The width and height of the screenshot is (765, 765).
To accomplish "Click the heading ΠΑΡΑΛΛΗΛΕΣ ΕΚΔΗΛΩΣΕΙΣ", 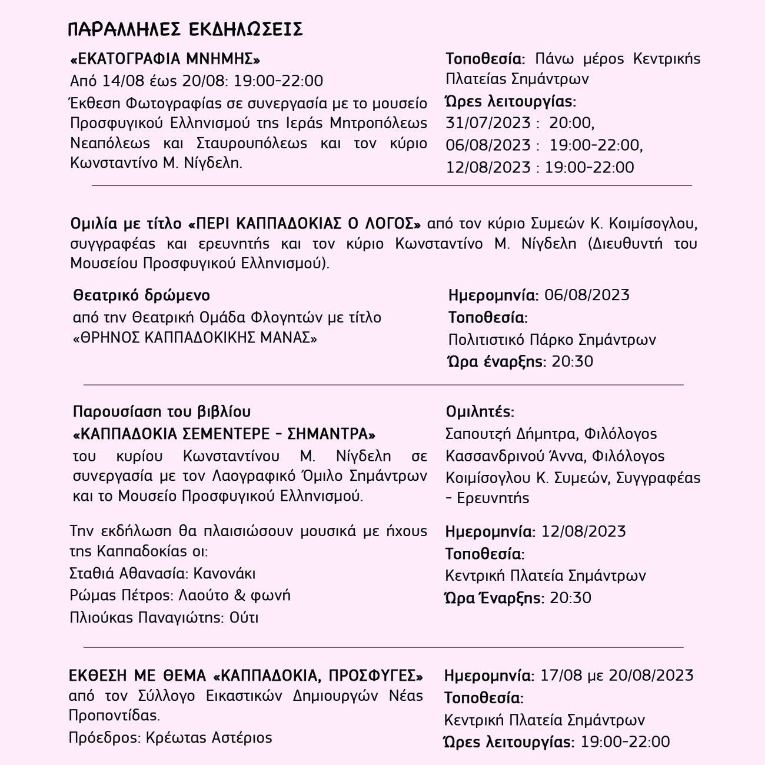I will (x=185, y=29).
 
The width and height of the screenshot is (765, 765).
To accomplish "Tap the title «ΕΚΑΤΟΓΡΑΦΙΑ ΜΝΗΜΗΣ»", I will (x=165, y=59).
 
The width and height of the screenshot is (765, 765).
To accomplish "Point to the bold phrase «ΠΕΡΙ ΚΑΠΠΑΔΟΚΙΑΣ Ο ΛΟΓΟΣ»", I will (x=305, y=224).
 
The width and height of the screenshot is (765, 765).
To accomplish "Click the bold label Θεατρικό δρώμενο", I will (x=141, y=295).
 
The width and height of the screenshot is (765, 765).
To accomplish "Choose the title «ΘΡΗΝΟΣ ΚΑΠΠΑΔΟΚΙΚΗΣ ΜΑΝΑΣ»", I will (x=195, y=338).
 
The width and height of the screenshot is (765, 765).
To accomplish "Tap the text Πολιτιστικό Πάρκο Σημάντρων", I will (x=551, y=340).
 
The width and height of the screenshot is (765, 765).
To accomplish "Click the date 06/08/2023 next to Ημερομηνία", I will (x=587, y=295).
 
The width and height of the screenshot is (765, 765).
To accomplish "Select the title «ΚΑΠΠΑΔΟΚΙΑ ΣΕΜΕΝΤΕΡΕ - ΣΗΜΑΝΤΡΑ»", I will (x=224, y=434).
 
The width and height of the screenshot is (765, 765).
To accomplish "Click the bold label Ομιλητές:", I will (x=480, y=411).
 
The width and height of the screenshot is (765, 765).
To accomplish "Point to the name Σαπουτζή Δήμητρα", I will (x=510, y=434).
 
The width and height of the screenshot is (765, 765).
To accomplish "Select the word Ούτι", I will (x=244, y=618).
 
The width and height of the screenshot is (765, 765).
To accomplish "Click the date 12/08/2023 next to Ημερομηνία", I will (x=583, y=531).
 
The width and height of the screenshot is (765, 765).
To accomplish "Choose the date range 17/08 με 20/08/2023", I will (x=616, y=675).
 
